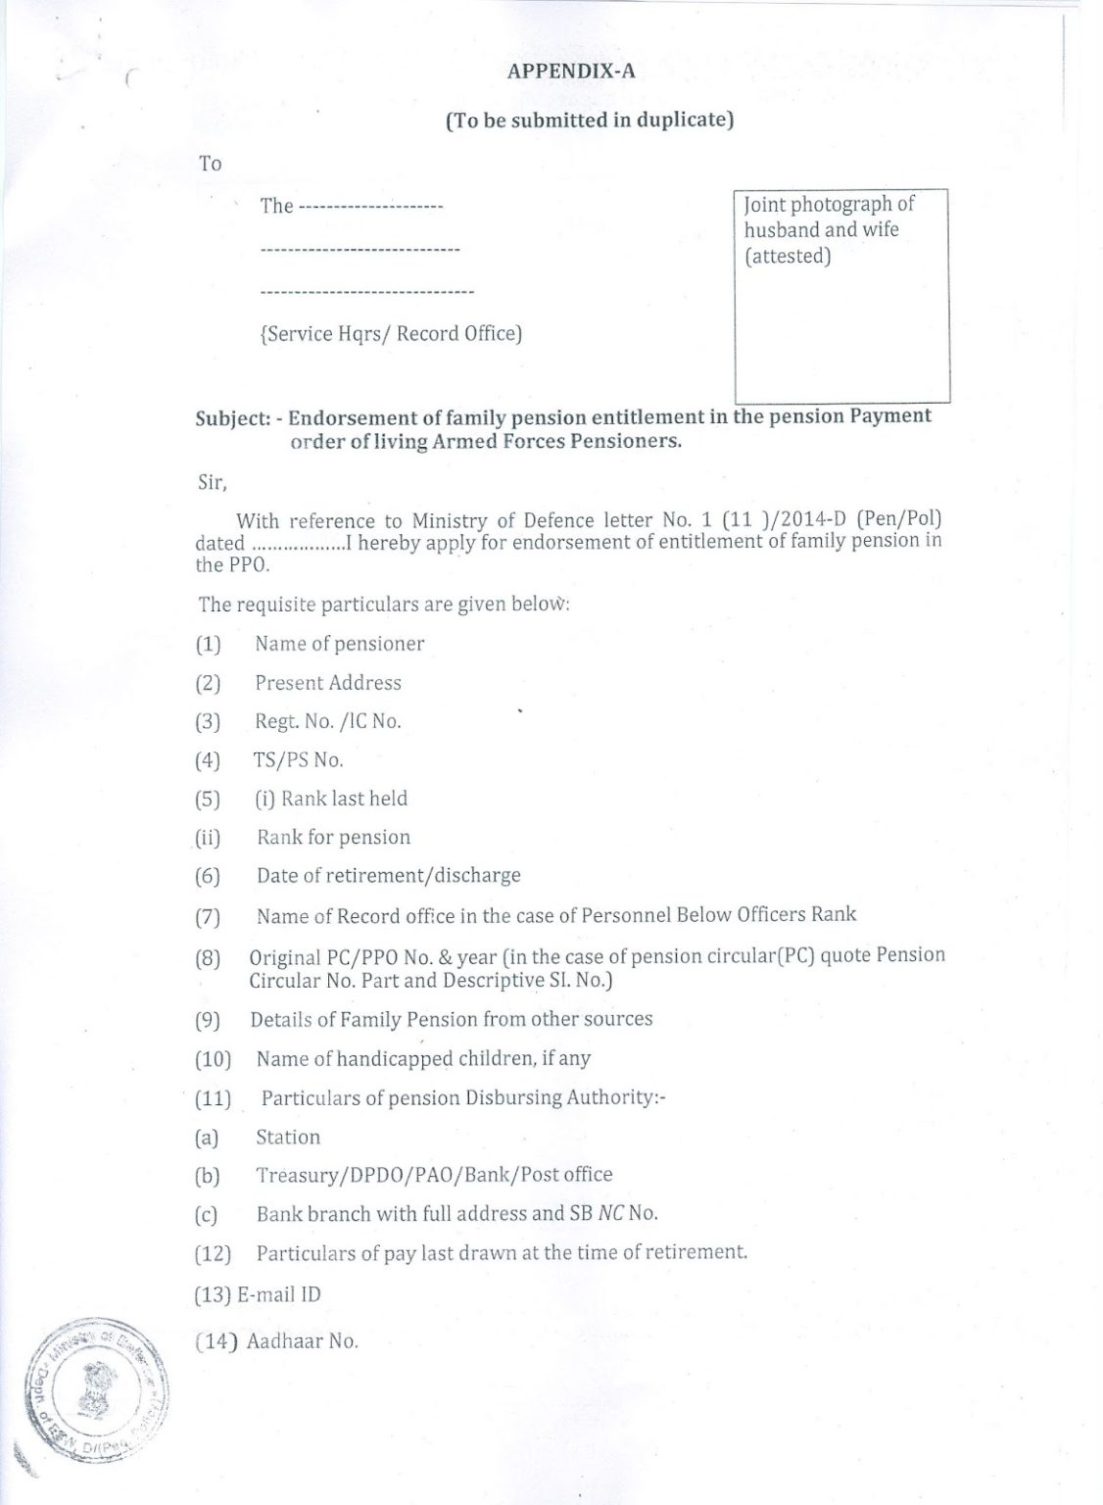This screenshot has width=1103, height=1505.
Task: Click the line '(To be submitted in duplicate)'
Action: [590, 121]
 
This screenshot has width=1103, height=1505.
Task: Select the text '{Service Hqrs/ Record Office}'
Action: [391, 334]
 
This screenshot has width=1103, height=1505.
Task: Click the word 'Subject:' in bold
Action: [232, 417]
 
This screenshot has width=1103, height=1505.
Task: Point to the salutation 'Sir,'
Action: [213, 482]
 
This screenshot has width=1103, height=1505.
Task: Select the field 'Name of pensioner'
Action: [339, 644]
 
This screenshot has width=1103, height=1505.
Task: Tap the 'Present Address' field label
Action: [328, 683]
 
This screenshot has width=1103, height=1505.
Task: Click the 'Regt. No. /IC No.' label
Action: [328, 721]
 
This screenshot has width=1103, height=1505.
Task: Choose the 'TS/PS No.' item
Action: [299, 759]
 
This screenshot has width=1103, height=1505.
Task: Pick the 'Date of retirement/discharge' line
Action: [388, 875]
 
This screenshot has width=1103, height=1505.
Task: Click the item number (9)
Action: [208, 1020]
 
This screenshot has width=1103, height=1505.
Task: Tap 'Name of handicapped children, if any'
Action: [423, 1058]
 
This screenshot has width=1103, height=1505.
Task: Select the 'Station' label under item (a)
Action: [288, 1137]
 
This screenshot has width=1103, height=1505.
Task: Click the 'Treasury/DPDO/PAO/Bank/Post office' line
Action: [434, 1175]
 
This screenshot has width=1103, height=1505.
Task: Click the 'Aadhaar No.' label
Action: [302, 1341]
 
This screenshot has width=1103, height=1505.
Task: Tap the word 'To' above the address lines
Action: [211, 164]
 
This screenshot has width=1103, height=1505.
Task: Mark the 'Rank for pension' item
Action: [333, 837]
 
